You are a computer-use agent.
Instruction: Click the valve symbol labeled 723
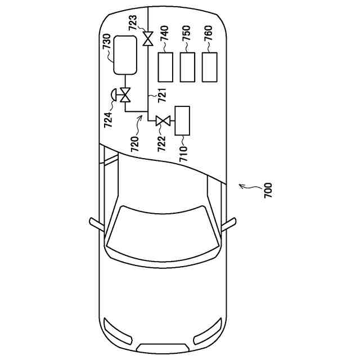click(x=148, y=39)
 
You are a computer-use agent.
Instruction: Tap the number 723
click(x=133, y=24)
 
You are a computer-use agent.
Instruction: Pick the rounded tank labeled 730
click(x=125, y=55)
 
